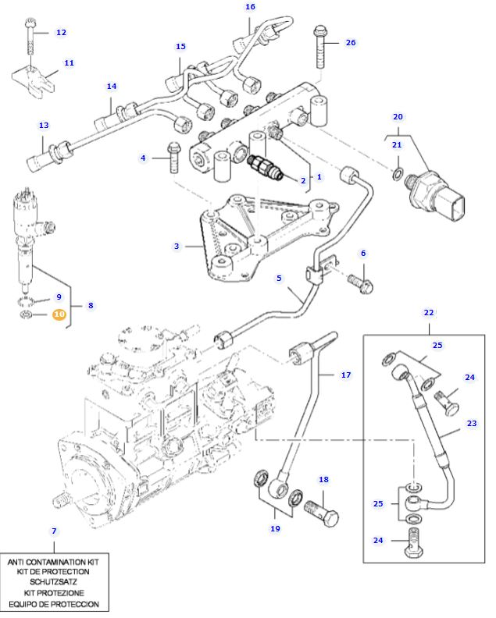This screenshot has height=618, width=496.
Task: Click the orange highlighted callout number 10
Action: (x=59, y=314)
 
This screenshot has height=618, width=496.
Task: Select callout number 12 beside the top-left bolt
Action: (x=61, y=33)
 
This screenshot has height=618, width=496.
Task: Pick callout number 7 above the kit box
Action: (x=54, y=531)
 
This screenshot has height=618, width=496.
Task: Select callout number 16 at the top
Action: (x=250, y=7)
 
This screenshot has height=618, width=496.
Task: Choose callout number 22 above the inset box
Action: (x=429, y=312)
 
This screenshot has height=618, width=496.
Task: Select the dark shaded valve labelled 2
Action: (x=262, y=167)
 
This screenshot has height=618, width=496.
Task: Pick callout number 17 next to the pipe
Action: (x=345, y=375)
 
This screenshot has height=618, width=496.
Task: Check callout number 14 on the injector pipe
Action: (x=111, y=87)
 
